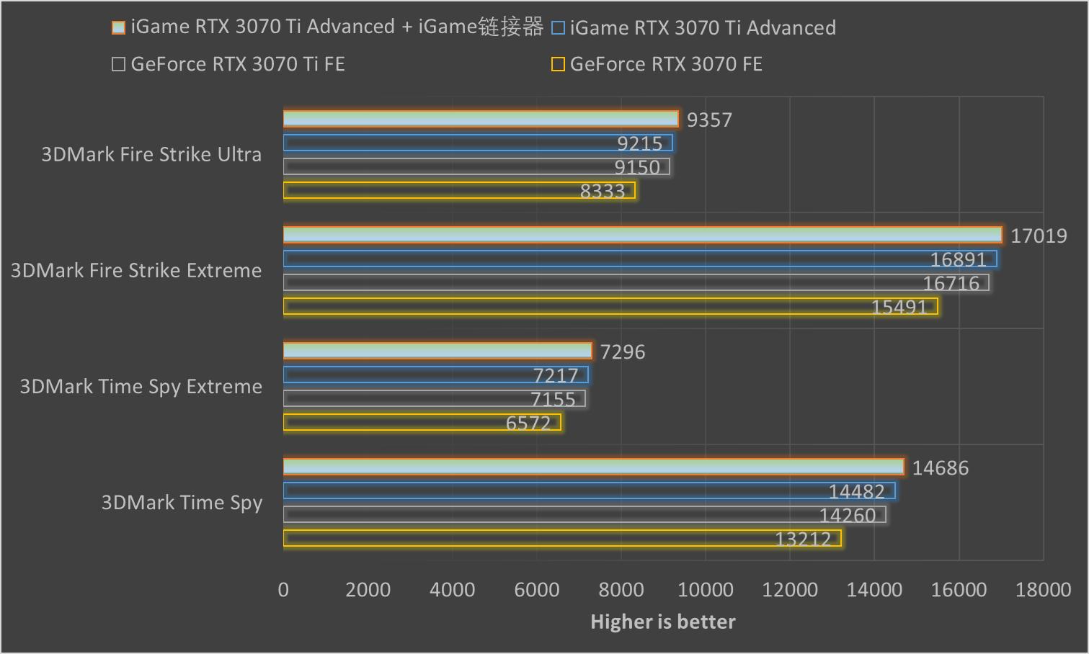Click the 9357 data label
click(x=709, y=120)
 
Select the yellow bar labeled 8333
click(x=459, y=191)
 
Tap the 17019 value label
click(x=1038, y=236)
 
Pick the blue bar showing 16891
click(x=640, y=259)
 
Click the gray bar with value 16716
click(x=636, y=283)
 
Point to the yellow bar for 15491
click(x=610, y=307)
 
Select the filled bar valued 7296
click(x=437, y=351)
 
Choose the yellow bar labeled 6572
click(x=422, y=423)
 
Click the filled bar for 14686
click(x=593, y=467)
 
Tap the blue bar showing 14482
click(x=589, y=491)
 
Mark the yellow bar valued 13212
click(x=562, y=539)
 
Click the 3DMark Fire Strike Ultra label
click(x=151, y=155)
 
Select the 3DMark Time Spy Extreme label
click(x=141, y=387)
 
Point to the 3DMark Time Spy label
click(x=182, y=503)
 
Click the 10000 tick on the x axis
click(x=706, y=590)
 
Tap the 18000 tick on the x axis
click(x=1043, y=590)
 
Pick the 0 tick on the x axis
click(x=283, y=590)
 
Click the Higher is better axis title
click(x=663, y=622)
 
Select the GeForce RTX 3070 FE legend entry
click(x=657, y=64)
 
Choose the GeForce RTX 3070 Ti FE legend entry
click(x=228, y=64)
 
